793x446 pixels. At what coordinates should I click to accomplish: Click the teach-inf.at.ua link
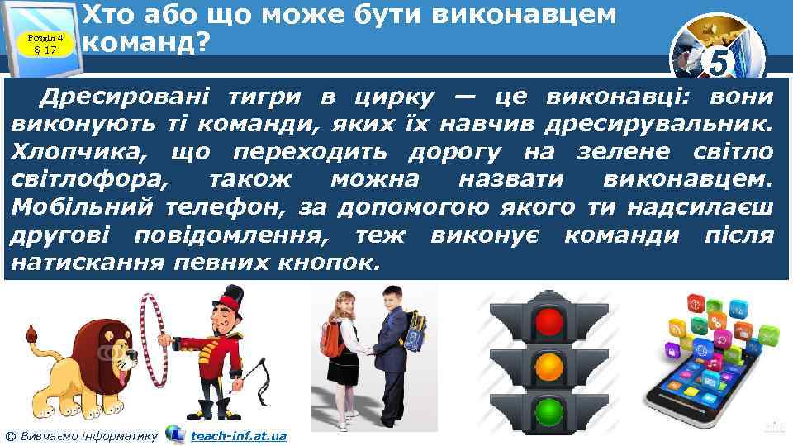pyautogui.click(x=238, y=435)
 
